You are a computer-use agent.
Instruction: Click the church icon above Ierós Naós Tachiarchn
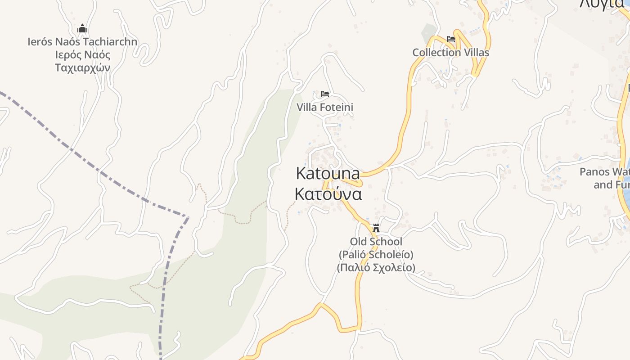point(82,29)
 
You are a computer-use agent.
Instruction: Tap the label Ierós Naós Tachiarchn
point(82,42)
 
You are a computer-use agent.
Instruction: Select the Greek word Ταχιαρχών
point(82,67)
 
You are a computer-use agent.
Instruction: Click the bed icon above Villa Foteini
point(325,94)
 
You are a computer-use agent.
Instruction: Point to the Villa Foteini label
point(325,107)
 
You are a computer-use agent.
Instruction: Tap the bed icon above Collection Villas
point(451,39)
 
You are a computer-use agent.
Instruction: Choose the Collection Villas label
point(451,52)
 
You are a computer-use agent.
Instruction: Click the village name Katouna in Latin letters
point(328,173)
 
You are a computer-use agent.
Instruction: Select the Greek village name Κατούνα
point(328,193)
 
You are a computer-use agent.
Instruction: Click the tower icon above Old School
point(376,228)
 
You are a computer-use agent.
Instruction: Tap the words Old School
point(376,242)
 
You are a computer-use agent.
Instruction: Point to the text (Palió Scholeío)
point(376,254)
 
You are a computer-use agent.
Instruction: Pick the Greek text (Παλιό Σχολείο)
point(376,267)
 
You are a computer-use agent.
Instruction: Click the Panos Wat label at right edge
point(604,172)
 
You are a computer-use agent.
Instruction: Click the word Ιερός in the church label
point(70,55)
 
